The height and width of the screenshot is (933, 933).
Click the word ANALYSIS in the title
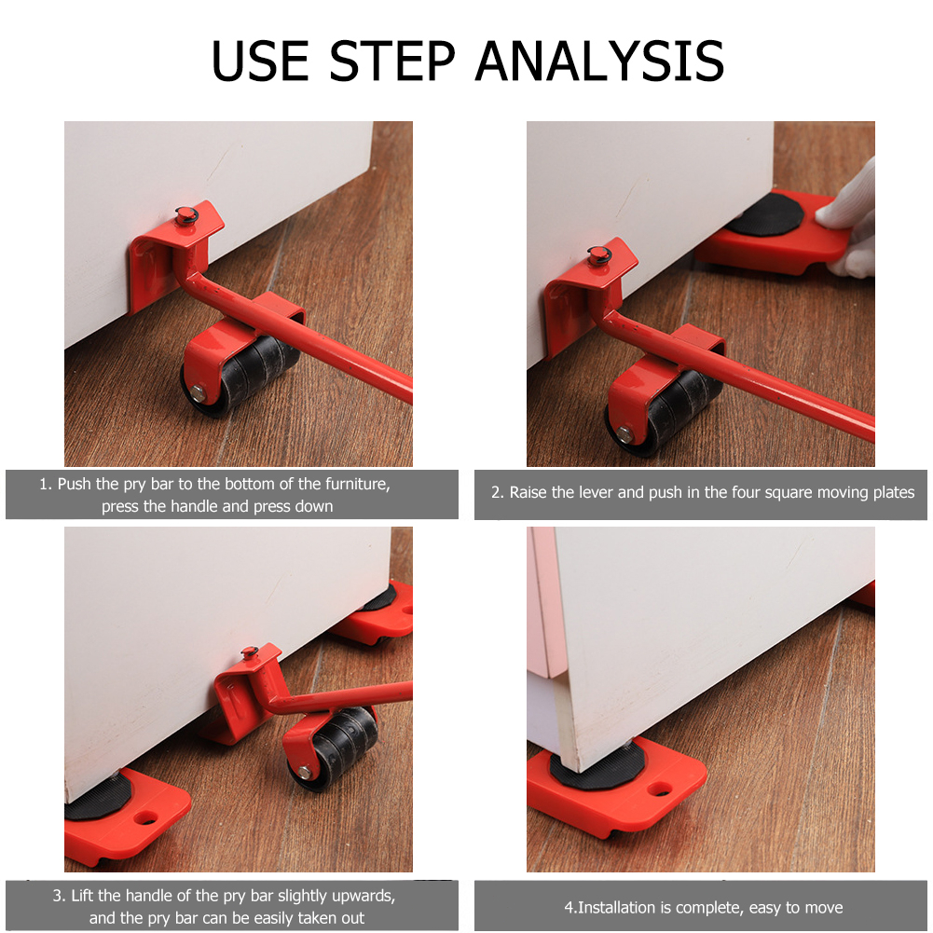[x=600, y=61]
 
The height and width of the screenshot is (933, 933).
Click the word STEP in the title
[x=392, y=61]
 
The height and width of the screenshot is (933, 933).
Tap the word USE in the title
[x=260, y=61]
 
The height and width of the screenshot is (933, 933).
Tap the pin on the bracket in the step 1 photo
[x=186, y=214]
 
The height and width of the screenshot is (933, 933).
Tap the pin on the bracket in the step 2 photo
[x=599, y=255]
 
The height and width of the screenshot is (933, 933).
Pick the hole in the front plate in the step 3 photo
[x=145, y=818]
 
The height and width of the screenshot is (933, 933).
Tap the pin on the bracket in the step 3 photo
[x=249, y=652]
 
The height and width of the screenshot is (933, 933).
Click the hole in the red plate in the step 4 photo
[x=660, y=789]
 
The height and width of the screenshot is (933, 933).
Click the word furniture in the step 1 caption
[x=354, y=484]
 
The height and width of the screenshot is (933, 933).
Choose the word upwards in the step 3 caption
[x=364, y=896]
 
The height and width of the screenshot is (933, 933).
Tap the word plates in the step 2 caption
[x=893, y=493]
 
